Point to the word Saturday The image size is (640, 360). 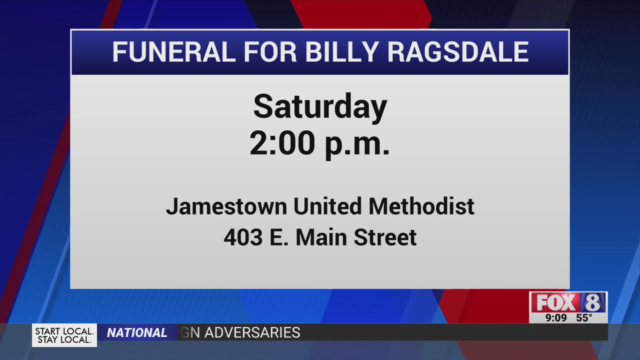coord(320,106)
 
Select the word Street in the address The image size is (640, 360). coord(385,237)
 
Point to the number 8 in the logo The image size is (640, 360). coord(593,302)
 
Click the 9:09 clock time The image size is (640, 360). coord(556,318)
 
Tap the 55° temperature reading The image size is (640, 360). coord(584,318)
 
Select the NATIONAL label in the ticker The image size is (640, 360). coord(137,333)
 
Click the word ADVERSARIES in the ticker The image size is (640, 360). coord(252,332)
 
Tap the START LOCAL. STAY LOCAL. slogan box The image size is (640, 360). coord(64,335)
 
